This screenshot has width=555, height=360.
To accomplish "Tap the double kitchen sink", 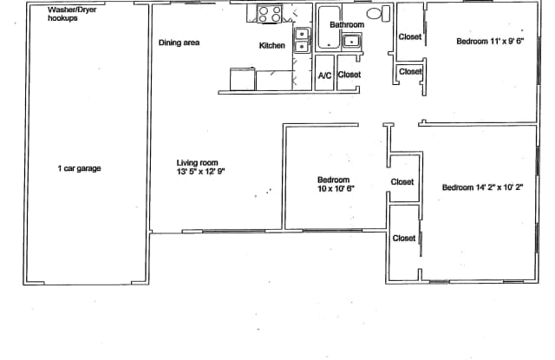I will [301, 41].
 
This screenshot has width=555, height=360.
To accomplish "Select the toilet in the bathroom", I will [375, 15].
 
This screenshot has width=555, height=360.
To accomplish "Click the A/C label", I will [324, 75].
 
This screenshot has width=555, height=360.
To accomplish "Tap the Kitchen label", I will [272, 45].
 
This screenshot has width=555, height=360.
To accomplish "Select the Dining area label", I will [180, 43].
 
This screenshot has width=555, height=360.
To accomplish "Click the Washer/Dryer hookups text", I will [73, 14].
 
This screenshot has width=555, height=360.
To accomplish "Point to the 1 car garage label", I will [79, 168].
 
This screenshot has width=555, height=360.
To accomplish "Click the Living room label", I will [197, 162].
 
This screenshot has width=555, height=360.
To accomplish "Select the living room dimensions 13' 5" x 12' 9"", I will [200, 172].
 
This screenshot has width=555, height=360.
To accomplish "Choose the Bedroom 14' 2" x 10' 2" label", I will [482, 187].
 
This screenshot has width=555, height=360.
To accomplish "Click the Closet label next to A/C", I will [349, 75].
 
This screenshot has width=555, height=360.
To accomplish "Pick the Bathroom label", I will [347, 25].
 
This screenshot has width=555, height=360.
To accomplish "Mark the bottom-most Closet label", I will [404, 238].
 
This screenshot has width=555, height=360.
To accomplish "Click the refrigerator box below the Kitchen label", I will [267, 80].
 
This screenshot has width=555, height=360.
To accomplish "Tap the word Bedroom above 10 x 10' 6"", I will [333, 180].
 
